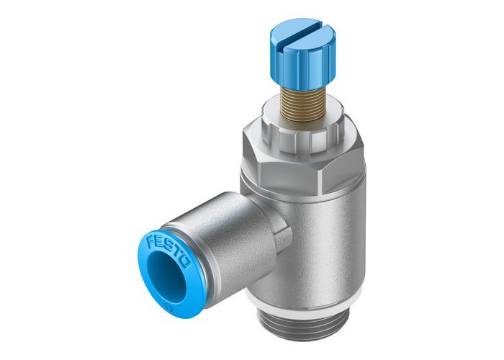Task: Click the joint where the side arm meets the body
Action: pos(270,216)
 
